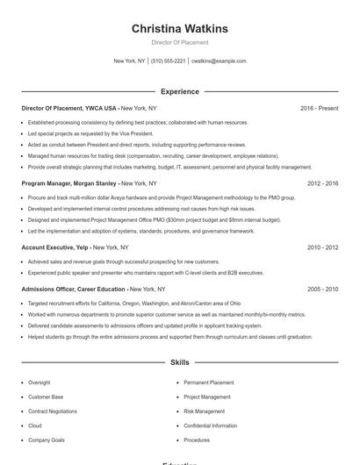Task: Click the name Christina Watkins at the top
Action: (180, 29)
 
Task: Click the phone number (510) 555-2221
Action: (168, 61)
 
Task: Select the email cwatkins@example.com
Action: (219, 61)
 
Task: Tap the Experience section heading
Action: (180, 91)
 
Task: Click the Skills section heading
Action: (180, 361)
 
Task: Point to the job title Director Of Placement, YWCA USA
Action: (69, 108)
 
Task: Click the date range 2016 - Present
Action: (319, 108)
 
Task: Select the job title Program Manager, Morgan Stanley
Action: (69, 183)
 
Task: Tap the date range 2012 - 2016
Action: (322, 183)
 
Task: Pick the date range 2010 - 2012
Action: (322, 247)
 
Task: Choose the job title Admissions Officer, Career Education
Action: (74, 289)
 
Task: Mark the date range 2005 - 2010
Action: (322, 289)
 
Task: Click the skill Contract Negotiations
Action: (52, 411)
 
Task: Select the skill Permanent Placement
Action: (209, 383)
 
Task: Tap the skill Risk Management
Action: (205, 411)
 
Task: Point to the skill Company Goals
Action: (46, 440)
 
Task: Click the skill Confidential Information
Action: (211, 426)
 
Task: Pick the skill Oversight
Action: (39, 383)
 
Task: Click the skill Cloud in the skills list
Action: (34, 426)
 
